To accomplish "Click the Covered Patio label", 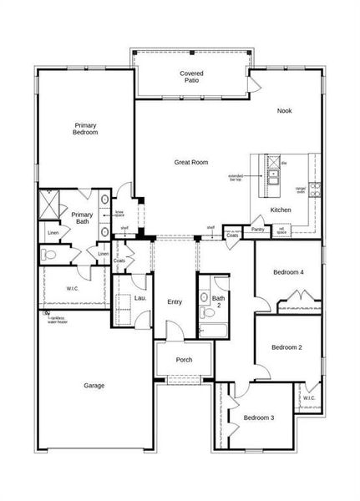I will click(191, 78).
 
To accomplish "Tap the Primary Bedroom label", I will click(85, 128).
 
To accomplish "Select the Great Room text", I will click(190, 162).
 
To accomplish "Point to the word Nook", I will click(285, 110).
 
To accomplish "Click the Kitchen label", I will click(281, 210).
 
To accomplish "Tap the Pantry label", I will click(257, 229).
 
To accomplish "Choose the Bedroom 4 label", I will click(288, 272).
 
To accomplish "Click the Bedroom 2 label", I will click(286, 347).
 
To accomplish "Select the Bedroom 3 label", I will click(258, 417).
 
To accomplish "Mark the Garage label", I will click(94, 386).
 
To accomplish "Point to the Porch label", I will click(184, 360).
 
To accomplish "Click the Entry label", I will click(175, 302).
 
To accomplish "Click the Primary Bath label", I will click(81, 218).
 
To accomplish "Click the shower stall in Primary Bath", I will click(52, 203).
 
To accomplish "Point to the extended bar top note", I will click(235, 178).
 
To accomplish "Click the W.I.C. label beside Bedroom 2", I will click(309, 398).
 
